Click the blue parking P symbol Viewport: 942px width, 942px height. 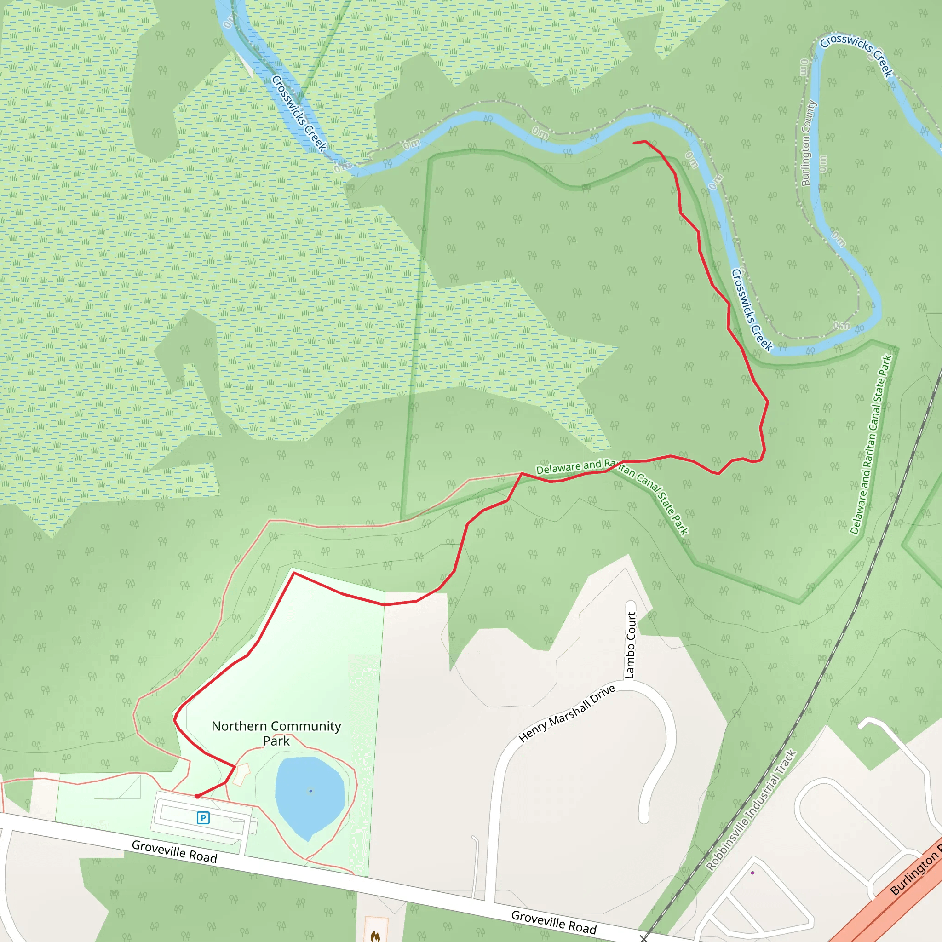pos(203,818)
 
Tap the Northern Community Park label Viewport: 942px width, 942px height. pos(276,733)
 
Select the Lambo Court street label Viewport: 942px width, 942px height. pos(630,645)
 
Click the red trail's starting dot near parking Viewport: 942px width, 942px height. pos(197,796)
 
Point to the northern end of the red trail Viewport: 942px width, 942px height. pos(634,143)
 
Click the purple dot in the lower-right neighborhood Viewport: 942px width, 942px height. pos(753,873)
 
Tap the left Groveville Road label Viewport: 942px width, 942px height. pos(174,852)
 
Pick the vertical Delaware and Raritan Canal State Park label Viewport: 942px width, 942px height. pos(871,444)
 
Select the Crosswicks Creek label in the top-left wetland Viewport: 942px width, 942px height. pos(299,113)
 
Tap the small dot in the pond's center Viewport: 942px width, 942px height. pos(310,791)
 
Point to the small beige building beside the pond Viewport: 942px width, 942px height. pos(241,774)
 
